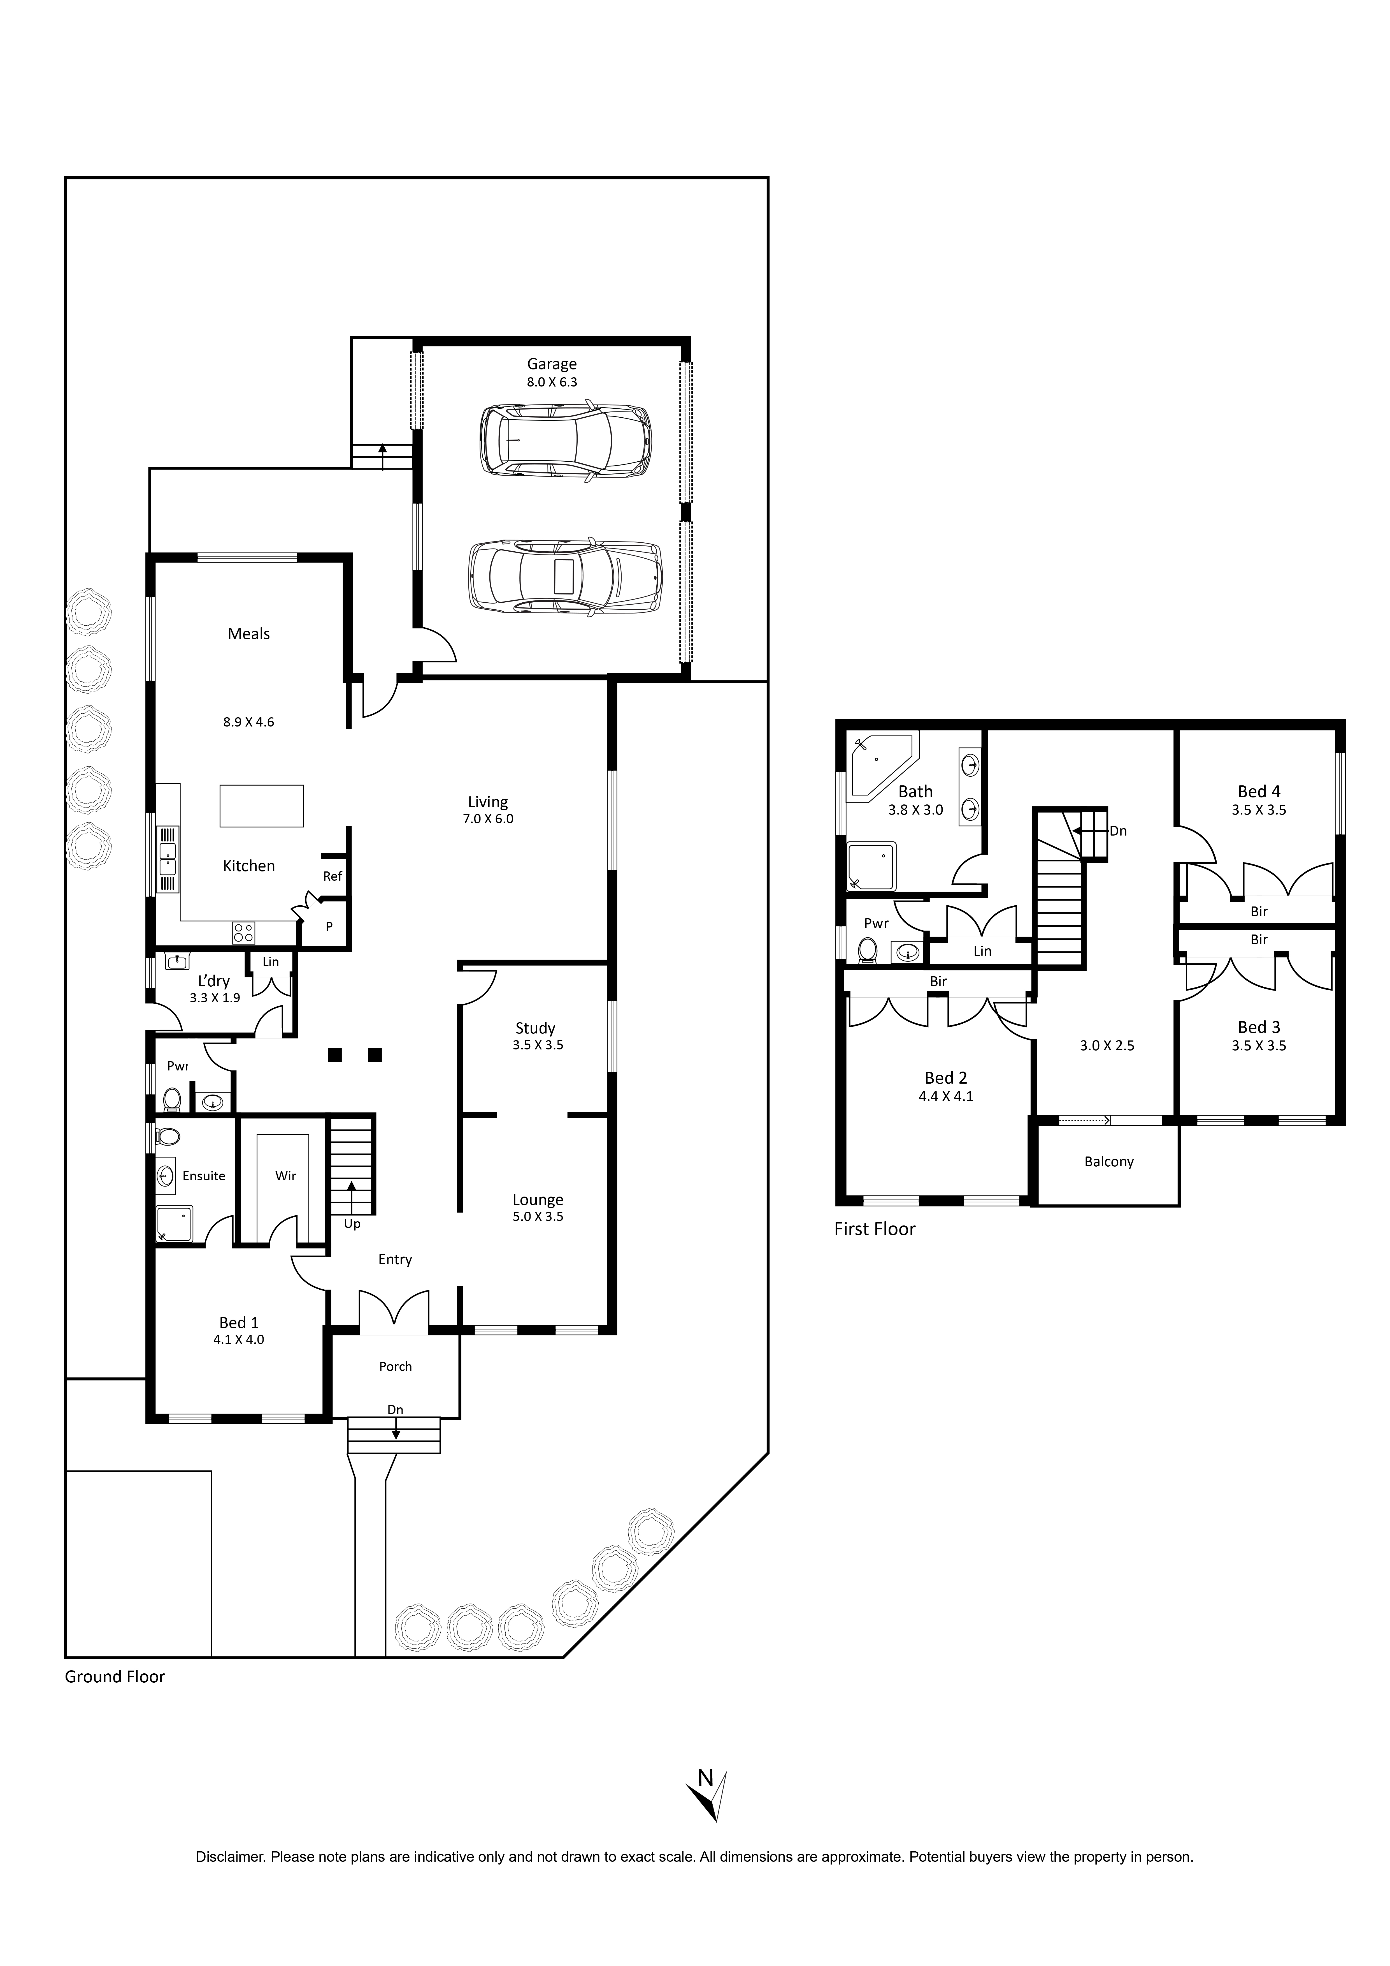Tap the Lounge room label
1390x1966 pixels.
click(x=538, y=1200)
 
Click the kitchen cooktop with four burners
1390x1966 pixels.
click(x=243, y=933)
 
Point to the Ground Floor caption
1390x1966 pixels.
click(x=115, y=1676)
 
